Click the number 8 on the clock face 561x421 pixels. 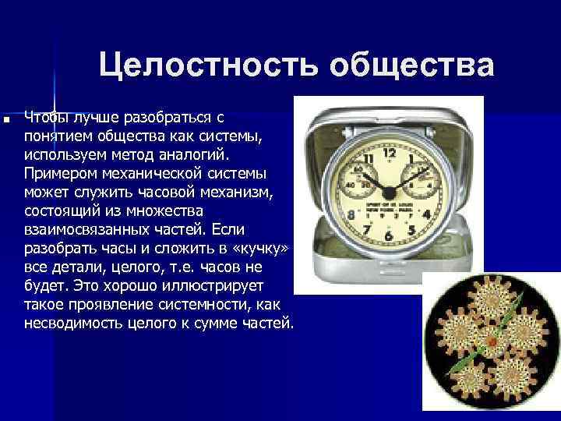point(353,212)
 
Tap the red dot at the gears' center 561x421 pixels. point(492,341)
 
